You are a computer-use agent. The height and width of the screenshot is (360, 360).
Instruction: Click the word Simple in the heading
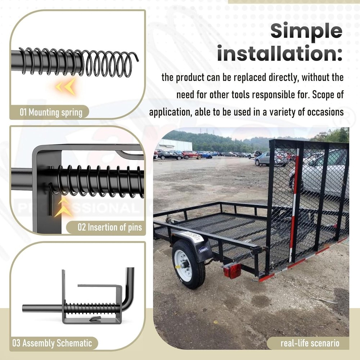pyautogui.click(x=306, y=31)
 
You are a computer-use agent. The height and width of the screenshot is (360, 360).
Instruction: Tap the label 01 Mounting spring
pyautogui.click(x=51, y=112)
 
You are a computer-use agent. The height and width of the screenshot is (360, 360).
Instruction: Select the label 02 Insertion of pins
pyautogui.click(x=110, y=228)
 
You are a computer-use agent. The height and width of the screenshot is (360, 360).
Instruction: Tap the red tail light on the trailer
pyautogui.click(x=232, y=270)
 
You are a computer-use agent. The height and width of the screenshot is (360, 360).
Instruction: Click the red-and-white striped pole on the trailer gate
pyautogui.click(x=293, y=205)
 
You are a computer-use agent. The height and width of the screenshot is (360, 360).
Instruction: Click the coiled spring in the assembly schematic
pyautogui.click(x=92, y=309)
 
